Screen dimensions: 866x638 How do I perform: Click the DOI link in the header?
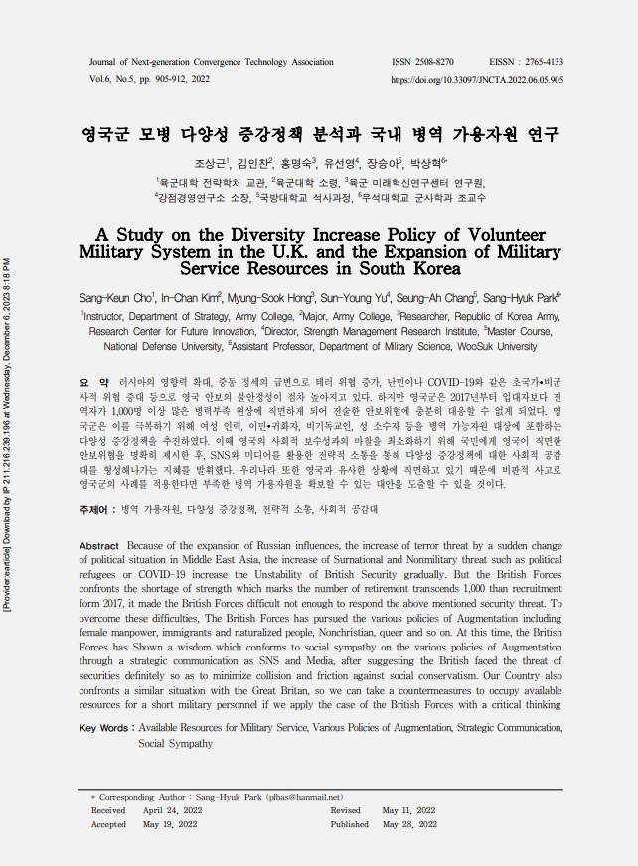click(478, 79)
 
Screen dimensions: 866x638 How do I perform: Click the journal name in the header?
click(212, 62)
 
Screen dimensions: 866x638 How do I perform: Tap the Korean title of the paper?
click(320, 134)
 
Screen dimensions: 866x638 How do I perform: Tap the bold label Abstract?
click(98, 547)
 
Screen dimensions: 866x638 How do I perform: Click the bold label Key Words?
click(106, 728)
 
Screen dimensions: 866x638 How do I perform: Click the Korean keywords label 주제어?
click(95, 508)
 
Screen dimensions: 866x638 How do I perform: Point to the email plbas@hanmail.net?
click(308, 797)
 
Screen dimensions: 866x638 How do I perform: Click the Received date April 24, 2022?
click(170, 810)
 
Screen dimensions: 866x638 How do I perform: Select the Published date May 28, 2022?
click(409, 824)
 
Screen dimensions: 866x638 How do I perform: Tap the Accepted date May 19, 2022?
click(170, 824)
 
